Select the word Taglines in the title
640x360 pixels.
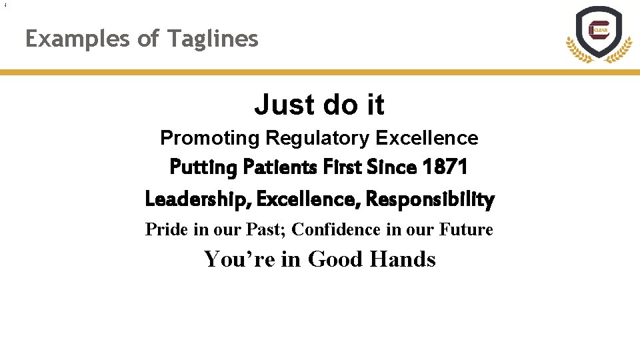click(x=213, y=39)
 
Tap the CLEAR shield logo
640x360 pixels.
click(x=598, y=34)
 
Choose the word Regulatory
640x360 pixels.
click(x=317, y=139)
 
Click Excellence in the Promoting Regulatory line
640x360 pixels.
click(x=427, y=139)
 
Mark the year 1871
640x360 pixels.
click(x=445, y=167)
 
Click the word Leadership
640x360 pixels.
click(x=197, y=199)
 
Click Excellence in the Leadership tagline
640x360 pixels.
click(x=309, y=199)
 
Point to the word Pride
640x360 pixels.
click(x=164, y=229)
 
